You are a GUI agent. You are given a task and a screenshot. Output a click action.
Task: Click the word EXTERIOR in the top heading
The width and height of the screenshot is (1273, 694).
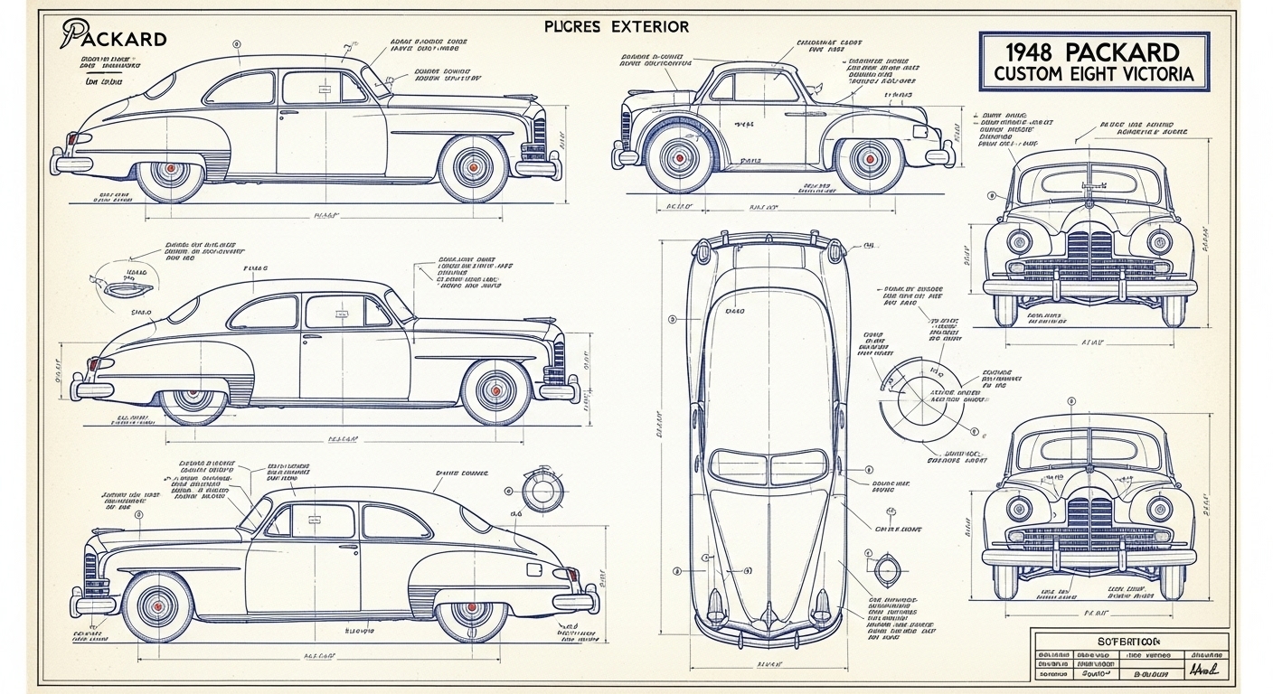[x=646, y=26]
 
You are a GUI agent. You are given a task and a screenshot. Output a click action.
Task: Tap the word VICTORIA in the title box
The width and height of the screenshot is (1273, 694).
[x=1154, y=74]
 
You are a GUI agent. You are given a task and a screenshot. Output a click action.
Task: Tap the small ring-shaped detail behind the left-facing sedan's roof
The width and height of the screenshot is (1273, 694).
[x=542, y=491]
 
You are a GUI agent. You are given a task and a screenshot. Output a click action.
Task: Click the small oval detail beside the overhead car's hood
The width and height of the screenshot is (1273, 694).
[x=883, y=567]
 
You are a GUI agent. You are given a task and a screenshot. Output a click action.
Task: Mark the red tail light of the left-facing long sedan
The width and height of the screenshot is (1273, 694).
[x=571, y=575]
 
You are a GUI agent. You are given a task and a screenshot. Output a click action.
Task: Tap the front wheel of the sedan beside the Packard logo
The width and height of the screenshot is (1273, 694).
[x=473, y=167]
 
